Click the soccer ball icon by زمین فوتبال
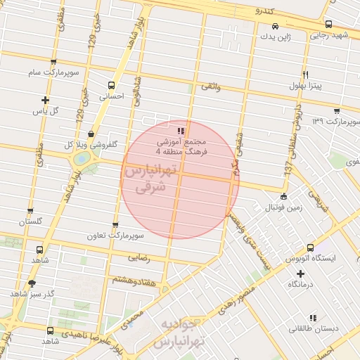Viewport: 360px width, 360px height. click(283, 196)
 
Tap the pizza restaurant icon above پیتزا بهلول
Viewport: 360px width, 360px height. click(304, 74)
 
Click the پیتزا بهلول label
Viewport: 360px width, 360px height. click(305, 86)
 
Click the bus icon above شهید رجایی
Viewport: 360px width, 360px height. click(328, 24)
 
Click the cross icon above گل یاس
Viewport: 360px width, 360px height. click(46, 100)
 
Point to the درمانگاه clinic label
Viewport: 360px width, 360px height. click(301, 285)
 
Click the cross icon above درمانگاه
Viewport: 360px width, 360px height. click(301, 274)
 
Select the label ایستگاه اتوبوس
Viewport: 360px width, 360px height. click(311, 259)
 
